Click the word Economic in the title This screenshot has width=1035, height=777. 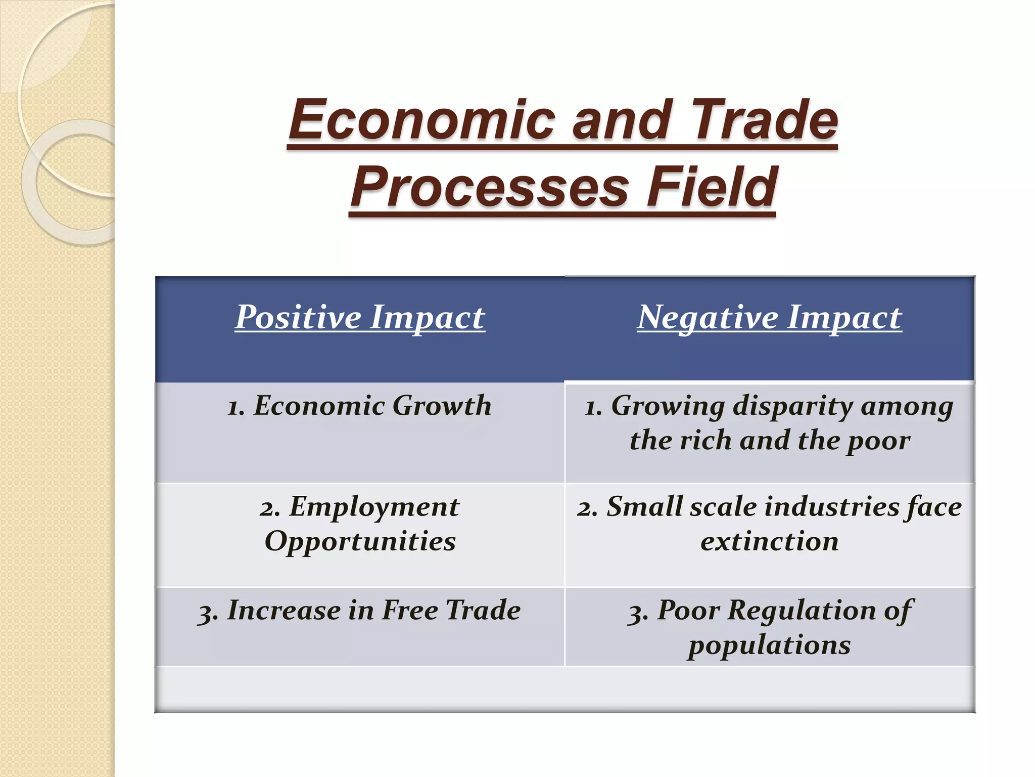(422, 120)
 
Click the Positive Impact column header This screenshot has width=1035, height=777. (360, 318)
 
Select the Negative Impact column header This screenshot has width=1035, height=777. (769, 318)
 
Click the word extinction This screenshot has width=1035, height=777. (769, 542)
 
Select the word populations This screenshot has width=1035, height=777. (769, 645)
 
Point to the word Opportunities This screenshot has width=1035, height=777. (360, 542)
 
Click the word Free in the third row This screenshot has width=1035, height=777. (409, 610)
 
